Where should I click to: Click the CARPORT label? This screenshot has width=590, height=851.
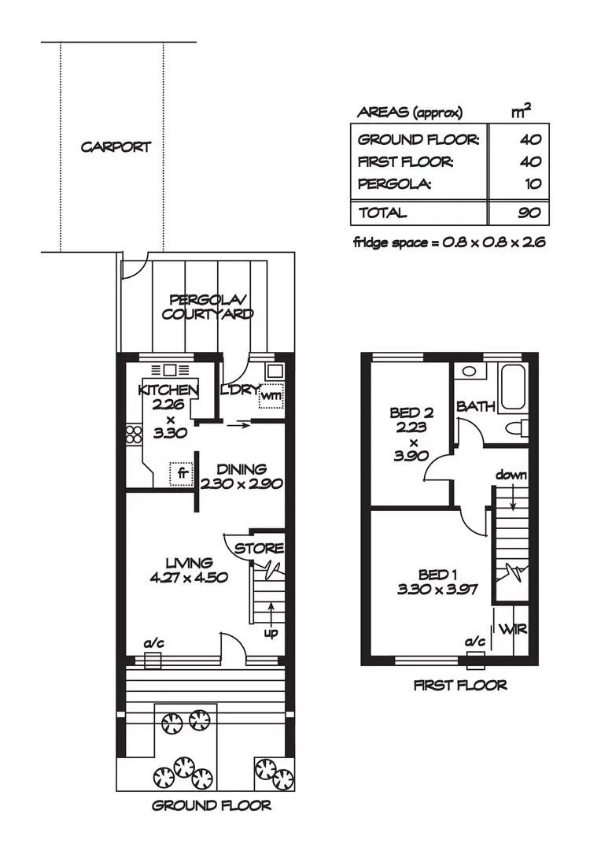[116, 147]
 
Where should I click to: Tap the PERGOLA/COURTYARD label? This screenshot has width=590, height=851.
[208, 307]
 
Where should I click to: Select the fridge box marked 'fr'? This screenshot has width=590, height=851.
[182, 473]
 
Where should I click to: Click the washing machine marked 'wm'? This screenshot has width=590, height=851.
[271, 394]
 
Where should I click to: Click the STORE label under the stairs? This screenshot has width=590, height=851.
[259, 548]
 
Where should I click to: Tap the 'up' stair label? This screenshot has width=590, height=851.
[270, 632]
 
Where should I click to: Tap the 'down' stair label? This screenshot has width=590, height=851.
[511, 475]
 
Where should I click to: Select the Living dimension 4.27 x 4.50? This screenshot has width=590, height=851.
[189, 576]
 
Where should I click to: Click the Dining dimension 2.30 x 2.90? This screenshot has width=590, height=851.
[242, 484]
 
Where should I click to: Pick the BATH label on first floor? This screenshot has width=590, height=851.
[476, 407]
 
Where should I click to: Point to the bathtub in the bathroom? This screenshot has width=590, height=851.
[514, 387]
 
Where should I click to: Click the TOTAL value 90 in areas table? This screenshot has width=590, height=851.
[529, 213]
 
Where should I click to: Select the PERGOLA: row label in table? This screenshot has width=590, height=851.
[395, 185]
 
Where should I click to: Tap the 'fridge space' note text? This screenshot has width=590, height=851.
[449, 242]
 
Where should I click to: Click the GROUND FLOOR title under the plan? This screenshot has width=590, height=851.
[212, 805]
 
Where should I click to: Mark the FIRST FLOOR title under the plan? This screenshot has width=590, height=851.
[460, 685]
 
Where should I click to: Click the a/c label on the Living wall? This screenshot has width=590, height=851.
[153, 643]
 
